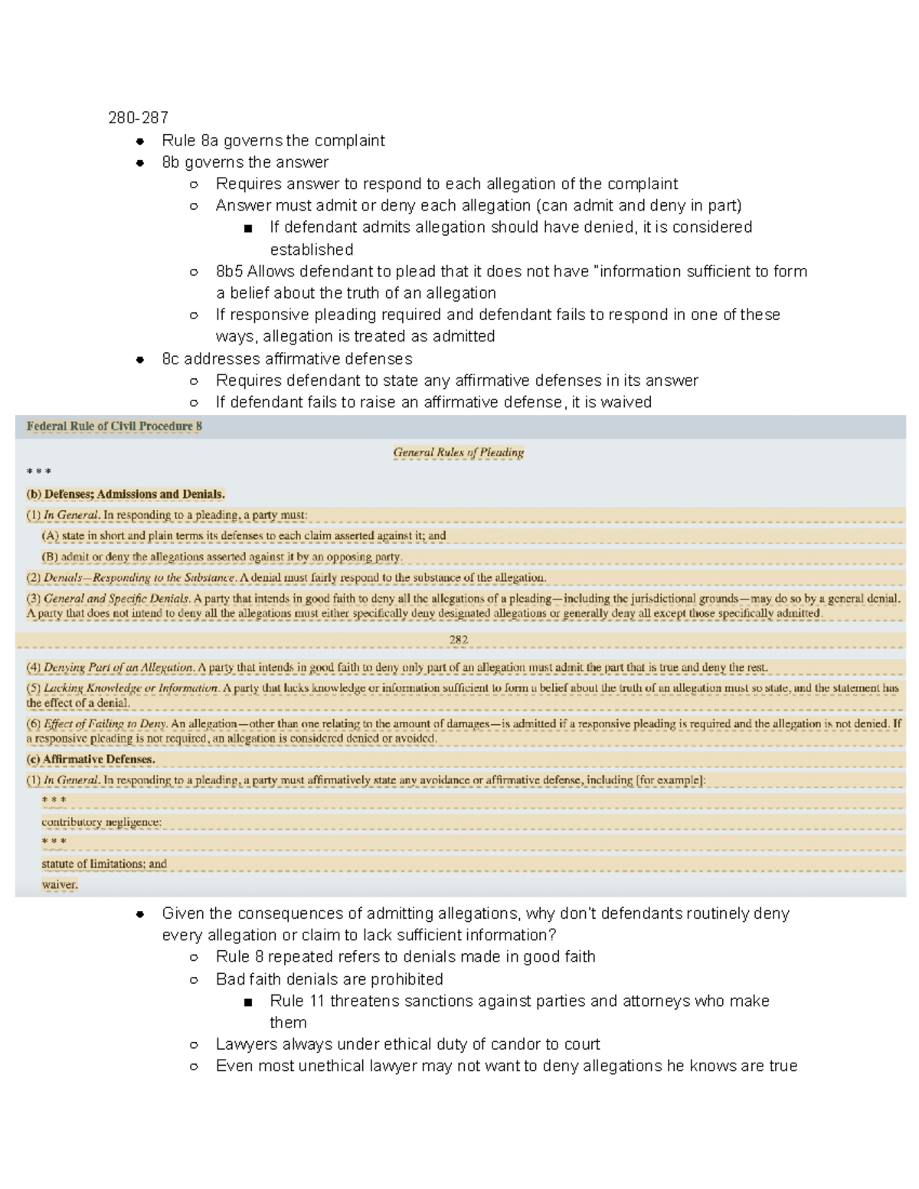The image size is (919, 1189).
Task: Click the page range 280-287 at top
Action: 138,118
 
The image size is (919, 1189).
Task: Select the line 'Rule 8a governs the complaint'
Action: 273,140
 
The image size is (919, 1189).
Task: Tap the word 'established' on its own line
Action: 311,250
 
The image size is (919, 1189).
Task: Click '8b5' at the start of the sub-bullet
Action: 229,271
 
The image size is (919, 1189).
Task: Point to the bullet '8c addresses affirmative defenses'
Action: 286,358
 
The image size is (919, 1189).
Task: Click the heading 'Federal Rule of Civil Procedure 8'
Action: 114,426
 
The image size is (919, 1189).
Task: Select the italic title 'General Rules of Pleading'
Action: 458,452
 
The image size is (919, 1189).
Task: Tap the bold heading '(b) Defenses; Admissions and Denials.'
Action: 126,494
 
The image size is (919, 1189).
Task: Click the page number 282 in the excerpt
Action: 458,639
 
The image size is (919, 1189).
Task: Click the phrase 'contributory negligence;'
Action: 101,822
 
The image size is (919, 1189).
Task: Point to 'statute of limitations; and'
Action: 103,864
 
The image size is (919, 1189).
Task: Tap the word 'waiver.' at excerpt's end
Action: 60,884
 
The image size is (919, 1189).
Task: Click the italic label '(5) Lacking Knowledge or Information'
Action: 123,688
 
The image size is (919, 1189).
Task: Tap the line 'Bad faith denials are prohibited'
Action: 329,979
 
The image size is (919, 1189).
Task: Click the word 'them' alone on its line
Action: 288,1022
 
